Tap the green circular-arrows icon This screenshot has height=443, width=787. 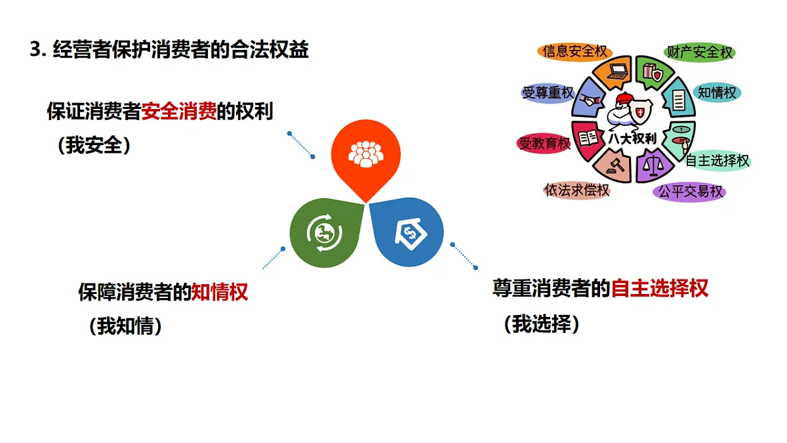[326, 232]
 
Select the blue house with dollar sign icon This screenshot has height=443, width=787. [408, 232]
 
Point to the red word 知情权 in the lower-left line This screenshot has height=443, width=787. [220, 292]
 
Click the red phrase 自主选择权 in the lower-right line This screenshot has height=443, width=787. [660, 288]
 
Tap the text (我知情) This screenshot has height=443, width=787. [125, 326]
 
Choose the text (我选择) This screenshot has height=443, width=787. [542, 324]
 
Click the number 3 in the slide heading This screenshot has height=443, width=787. [35, 50]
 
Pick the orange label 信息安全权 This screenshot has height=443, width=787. [575, 51]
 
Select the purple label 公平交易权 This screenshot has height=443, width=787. [690, 192]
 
